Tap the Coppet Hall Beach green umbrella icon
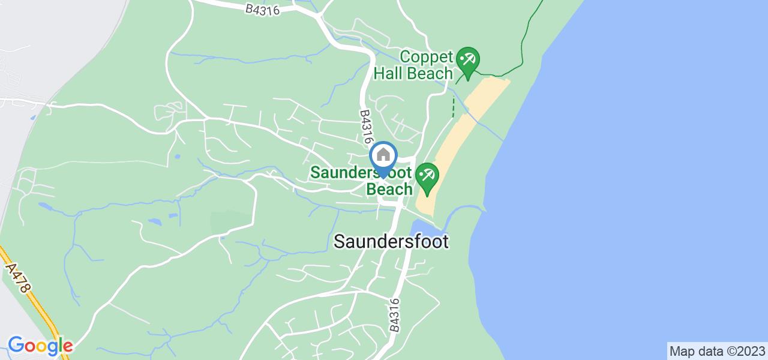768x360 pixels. coord(467,61)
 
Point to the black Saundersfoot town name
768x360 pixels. coord(391,241)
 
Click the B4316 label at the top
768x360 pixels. coord(262,9)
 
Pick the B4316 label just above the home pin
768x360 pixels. coord(365,126)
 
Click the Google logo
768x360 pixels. coord(40,346)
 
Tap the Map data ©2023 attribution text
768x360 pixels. coord(717,351)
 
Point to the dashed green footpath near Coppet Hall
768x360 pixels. coord(453,107)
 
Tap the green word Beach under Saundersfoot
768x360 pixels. coord(389,188)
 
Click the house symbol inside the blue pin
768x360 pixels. coord(383,155)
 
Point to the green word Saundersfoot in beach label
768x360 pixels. coord(361,173)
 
